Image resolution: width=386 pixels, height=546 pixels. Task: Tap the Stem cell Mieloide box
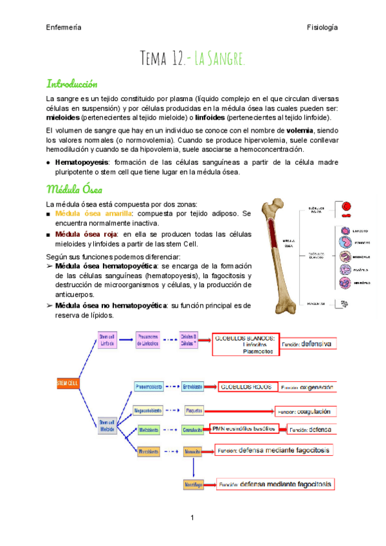tap(106, 426)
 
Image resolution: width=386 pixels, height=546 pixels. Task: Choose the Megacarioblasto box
tap(148, 409)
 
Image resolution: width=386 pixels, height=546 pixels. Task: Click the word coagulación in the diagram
tap(315, 410)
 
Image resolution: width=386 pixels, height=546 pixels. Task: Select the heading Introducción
tap(72, 84)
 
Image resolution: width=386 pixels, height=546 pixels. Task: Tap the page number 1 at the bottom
tap(192, 518)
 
